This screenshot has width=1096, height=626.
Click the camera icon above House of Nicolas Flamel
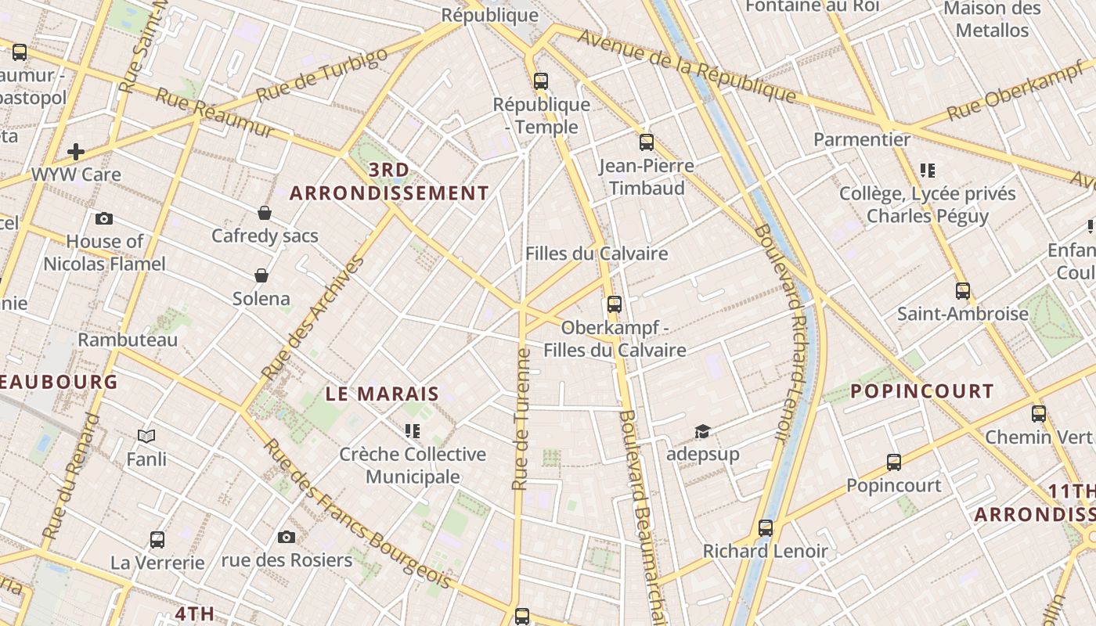(x=103, y=218)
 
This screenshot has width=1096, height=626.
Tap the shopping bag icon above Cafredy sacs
(x=265, y=213)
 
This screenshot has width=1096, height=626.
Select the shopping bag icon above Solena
(x=261, y=275)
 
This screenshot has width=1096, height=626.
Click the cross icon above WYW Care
(x=76, y=151)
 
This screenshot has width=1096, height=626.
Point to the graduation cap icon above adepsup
(x=702, y=431)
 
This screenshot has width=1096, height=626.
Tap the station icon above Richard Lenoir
(x=765, y=528)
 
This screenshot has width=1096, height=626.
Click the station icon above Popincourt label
(x=893, y=462)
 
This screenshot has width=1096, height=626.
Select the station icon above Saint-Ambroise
(x=962, y=291)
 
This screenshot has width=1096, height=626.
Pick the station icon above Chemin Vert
(x=1038, y=414)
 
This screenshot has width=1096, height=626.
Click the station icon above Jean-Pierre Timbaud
(x=646, y=142)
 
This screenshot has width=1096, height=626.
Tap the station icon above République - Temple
(x=540, y=81)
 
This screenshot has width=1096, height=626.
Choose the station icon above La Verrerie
(x=157, y=539)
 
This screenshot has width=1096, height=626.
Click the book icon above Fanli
(x=146, y=436)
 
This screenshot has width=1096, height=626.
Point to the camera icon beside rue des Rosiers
(x=287, y=537)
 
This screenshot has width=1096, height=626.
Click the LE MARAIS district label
(x=382, y=394)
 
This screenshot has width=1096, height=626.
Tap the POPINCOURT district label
(x=921, y=391)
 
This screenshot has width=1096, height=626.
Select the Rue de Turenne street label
(x=521, y=419)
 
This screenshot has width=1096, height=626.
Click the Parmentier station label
(x=862, y=139)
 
